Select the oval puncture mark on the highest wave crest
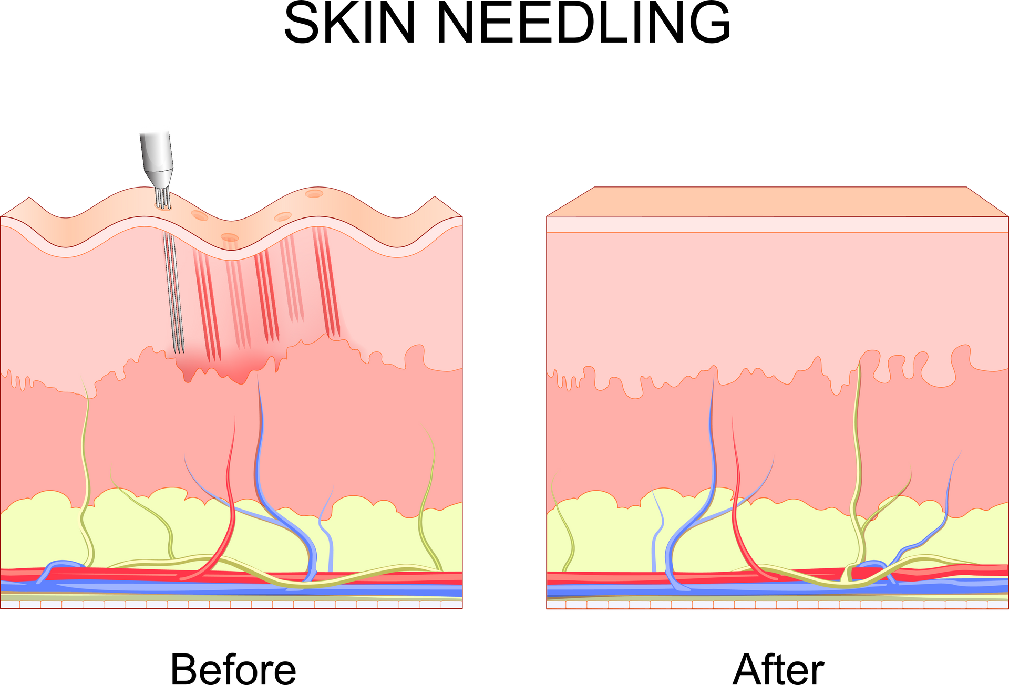click(314, 194)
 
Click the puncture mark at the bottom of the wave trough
click(229, 237)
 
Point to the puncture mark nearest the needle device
click(200, 215)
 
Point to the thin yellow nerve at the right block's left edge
click(565, 525)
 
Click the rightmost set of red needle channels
click(326, 284)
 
